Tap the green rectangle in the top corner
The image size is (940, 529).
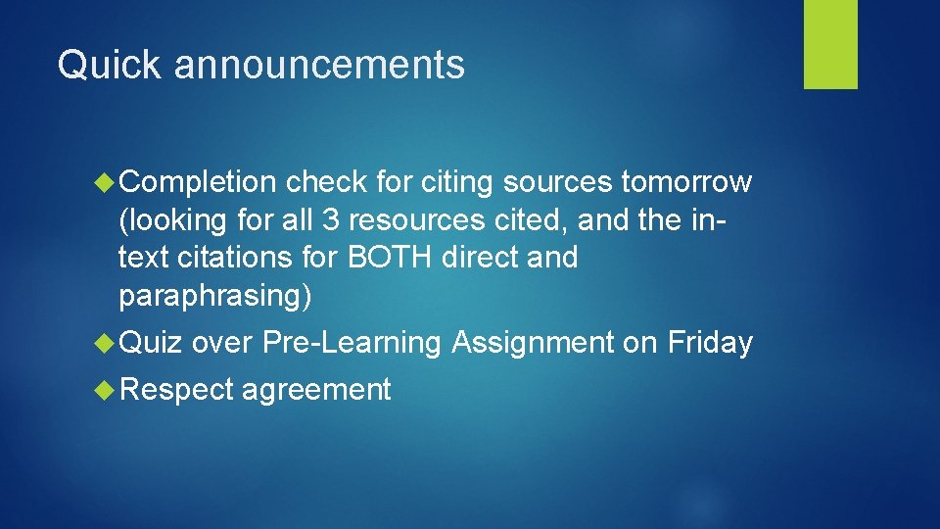tap(830, 44)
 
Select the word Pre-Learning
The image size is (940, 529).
tap(353, 343)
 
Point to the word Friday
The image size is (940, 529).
tap(710, 343)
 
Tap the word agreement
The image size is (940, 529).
tap(316, 390)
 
